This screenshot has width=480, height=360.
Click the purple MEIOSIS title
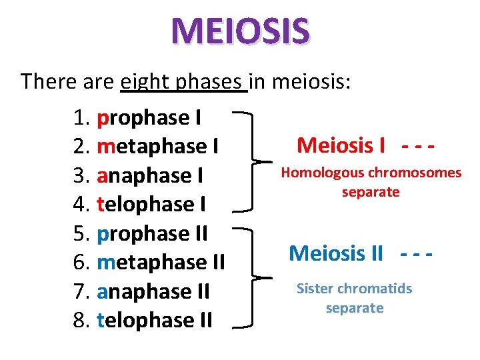point(240,31)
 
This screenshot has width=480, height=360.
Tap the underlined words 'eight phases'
point(183,82)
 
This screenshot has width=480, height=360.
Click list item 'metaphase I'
point(159,146)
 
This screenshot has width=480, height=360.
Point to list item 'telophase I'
point(151,204)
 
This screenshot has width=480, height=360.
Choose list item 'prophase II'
point(153,233)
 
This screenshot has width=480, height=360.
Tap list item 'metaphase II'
point(161,262)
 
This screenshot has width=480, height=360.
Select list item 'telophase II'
point(155,320)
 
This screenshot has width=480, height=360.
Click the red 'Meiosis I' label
point(341,145)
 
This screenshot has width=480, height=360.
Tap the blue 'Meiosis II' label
point(336,253)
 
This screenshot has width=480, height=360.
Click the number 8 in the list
point(79,320)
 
